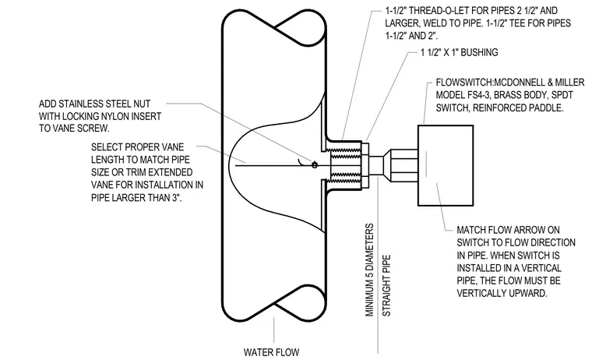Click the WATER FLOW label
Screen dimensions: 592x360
pos(271,352)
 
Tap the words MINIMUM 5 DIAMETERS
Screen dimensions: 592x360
pos(370,270)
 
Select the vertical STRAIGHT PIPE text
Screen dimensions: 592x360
pos(386,285)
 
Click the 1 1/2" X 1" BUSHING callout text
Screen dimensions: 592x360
pos(460,52)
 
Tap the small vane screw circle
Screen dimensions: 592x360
pos(315,164)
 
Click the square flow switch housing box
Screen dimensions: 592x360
pos(446,165)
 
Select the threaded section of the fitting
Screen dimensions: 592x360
pos(346,164)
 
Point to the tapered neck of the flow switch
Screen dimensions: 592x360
pos(386,165)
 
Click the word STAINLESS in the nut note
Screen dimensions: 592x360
pos(77,104)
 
